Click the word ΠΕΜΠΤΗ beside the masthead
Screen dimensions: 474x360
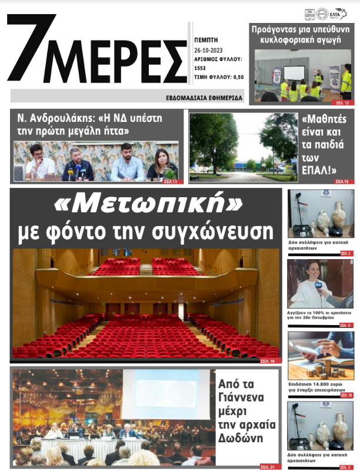tap(206, 40)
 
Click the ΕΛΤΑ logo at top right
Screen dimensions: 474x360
tap(342, 14)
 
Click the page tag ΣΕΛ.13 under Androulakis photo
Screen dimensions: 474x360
tap(174, 181)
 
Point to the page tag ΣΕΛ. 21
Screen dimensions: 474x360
tap(267, 467)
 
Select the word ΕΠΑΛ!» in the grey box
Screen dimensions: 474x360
tap(318, 171)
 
